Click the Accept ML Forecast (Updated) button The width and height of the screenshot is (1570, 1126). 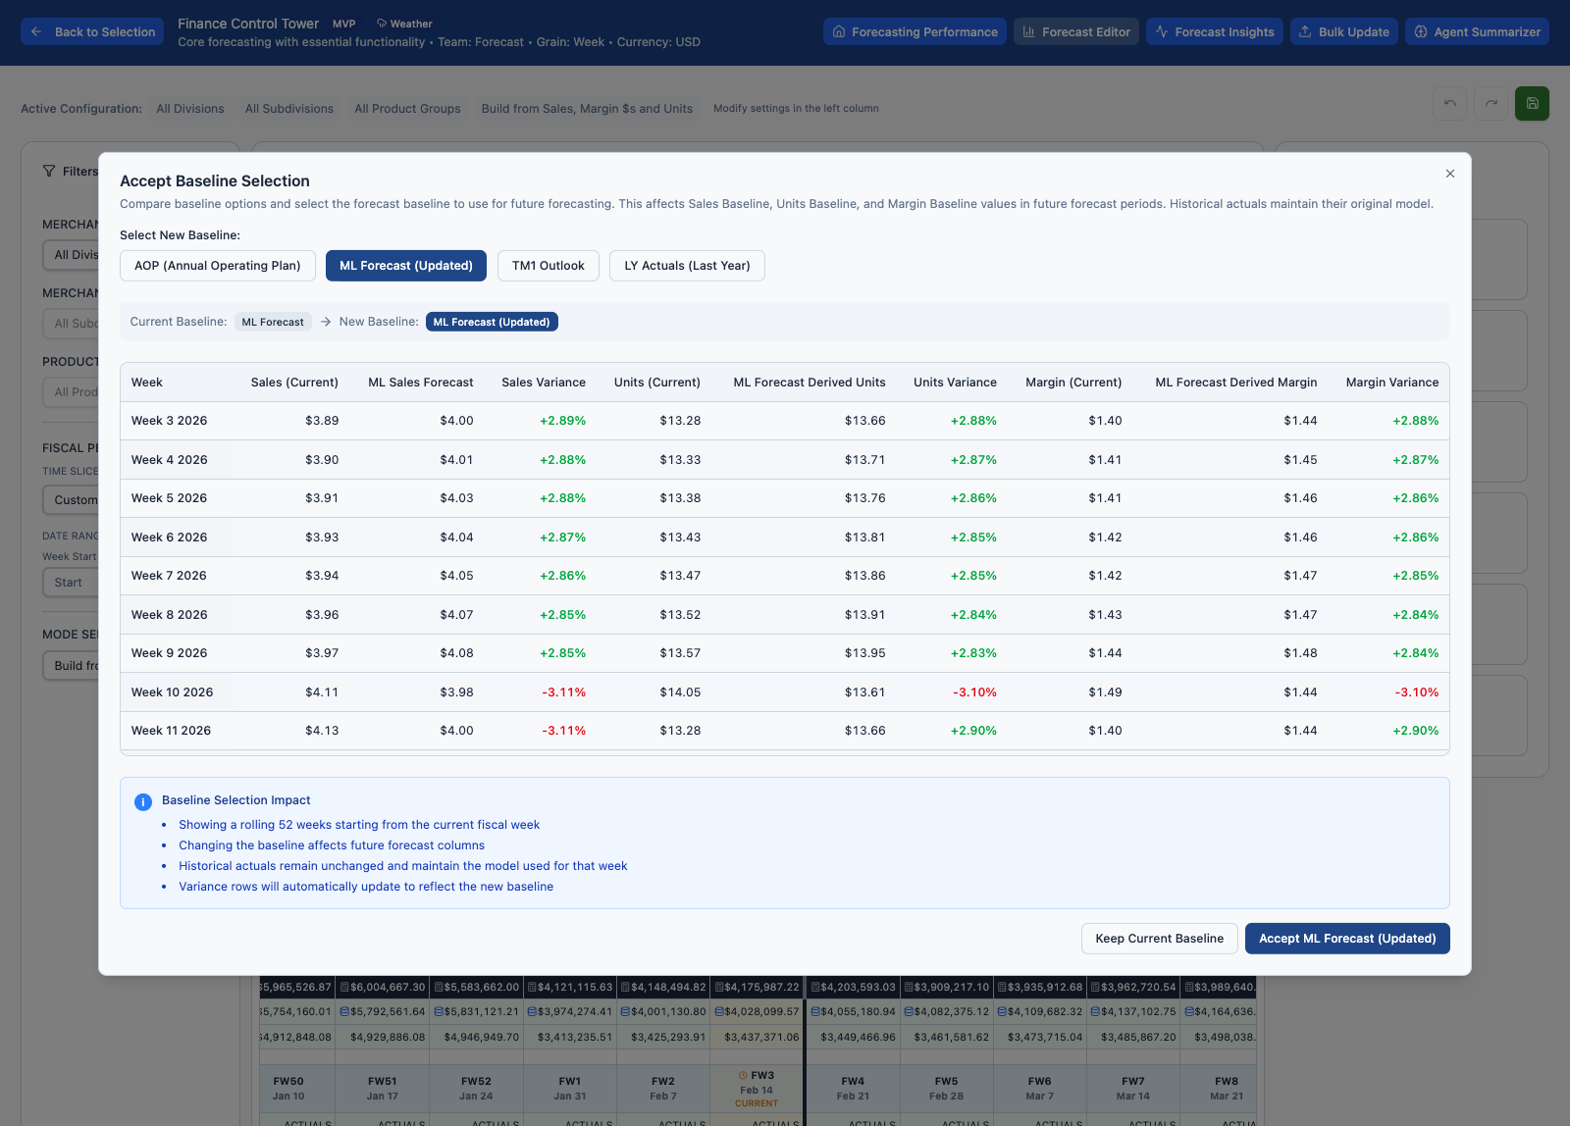coord(1346,939)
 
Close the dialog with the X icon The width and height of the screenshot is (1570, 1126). coord(1449,174)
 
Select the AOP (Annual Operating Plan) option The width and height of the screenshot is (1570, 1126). coord(218,266)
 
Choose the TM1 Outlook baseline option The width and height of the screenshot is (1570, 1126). coord(548,266)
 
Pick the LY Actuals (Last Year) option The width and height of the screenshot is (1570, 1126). coord(687,266)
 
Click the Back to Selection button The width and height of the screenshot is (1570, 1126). coord(93,32)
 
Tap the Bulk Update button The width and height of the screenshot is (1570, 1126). coord(1343,32)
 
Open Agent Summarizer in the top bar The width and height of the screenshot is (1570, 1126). coord(1477,32)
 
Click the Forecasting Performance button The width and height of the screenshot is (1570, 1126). coord(915,32)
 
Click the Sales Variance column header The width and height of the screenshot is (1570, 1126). coord(543,383)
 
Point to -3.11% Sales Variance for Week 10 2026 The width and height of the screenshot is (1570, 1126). coord(563,692)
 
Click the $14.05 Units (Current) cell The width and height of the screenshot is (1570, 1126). coord(680,692)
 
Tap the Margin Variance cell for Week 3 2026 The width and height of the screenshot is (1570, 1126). coord(1415,421)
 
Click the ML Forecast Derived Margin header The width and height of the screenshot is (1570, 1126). coord(1235,383)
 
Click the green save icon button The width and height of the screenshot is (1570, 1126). coord(1532,104)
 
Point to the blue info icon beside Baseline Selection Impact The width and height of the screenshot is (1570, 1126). coord(142,801)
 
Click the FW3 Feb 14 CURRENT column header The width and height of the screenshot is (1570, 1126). coord(757,1089)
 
